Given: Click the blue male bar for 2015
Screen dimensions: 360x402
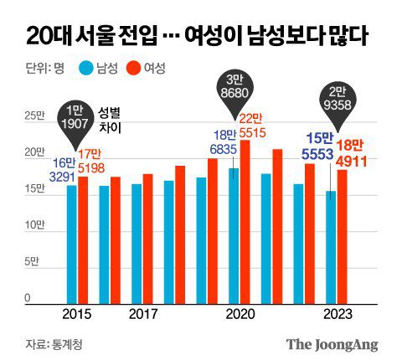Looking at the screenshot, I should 72,243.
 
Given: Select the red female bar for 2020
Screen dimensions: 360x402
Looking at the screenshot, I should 245,221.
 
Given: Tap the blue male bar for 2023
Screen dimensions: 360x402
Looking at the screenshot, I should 332,246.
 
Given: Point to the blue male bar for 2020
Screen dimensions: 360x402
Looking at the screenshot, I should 234,234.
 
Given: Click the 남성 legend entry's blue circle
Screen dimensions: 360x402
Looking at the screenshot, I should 85,69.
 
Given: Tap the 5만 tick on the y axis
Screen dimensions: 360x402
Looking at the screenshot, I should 31,262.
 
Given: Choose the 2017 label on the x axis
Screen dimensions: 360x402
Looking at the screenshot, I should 144,313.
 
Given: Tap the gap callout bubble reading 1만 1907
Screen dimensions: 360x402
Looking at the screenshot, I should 76,119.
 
